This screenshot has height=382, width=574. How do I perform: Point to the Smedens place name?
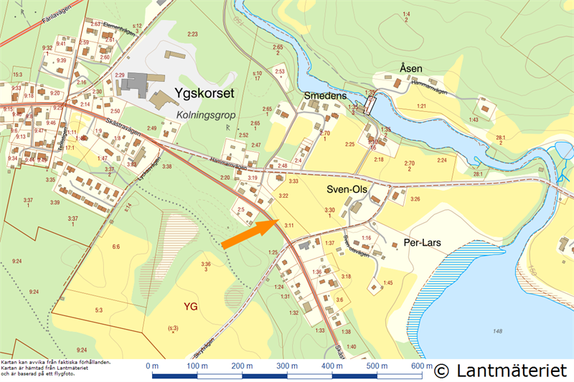[325, 96]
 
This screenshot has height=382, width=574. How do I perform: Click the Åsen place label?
[411, 69]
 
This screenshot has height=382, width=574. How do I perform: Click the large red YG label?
[190, 307]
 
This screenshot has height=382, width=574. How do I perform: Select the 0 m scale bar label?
[151, 366]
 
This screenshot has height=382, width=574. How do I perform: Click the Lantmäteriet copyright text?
[500, 371]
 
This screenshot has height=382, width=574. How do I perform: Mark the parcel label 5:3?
[99, 310]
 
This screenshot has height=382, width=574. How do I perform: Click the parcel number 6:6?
[116, 247]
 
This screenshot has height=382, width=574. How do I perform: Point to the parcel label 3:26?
[415, 199]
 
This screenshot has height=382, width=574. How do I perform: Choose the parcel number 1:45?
[388, 283]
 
